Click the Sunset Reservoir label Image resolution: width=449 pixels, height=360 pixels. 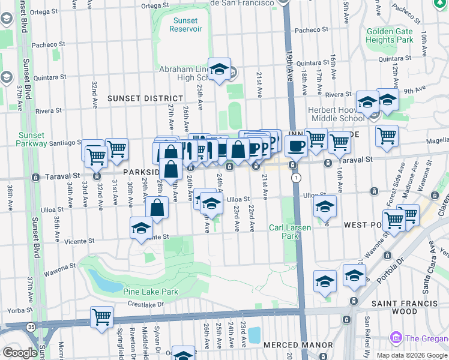(185, 25)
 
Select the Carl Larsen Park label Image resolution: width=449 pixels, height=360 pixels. (284, 232)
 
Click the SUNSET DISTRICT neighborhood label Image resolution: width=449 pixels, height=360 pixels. (145, 98)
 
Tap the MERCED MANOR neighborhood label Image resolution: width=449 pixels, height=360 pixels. (298, 345)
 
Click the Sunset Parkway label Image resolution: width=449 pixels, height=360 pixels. (32, 139)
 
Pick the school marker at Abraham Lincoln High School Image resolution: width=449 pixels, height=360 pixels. (219, 70)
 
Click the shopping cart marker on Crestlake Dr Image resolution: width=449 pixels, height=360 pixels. (101, 317)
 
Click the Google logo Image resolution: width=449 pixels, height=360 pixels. (20, 353)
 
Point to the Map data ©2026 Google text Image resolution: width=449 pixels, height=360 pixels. (411, 355)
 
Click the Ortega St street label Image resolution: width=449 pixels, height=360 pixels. (155, 6)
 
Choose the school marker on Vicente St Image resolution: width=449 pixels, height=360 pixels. (141, 228)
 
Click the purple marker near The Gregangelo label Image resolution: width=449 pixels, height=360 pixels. (395, 337)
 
